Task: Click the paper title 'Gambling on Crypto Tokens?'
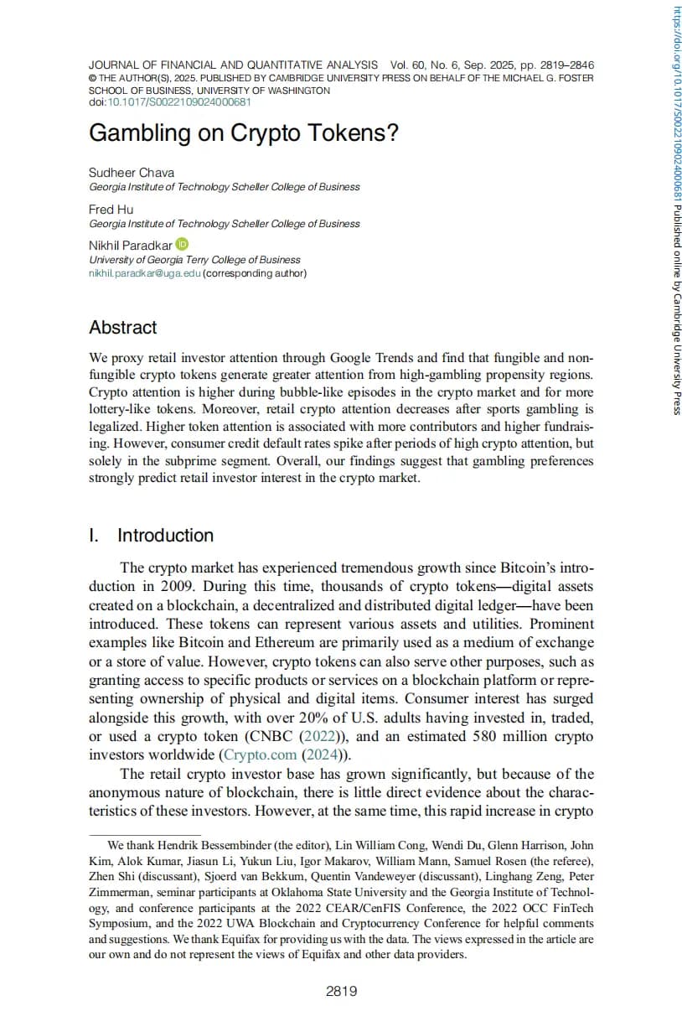click(x=243, y=133)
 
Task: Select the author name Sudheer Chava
click(x=132, y=173)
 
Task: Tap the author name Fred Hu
click(x=111, y=209)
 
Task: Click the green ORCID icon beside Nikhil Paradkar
click(x=183, y=245)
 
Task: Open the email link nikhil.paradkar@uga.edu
click(x=145, y=273)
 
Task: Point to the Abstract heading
click(x=123, y=328)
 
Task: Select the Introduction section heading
click(x=165, y=536)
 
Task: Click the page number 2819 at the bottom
click(x=341, y=992)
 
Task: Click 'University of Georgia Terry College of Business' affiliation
click(x=194, y=260)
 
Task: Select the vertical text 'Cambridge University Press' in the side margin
click(x=676, y=343)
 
